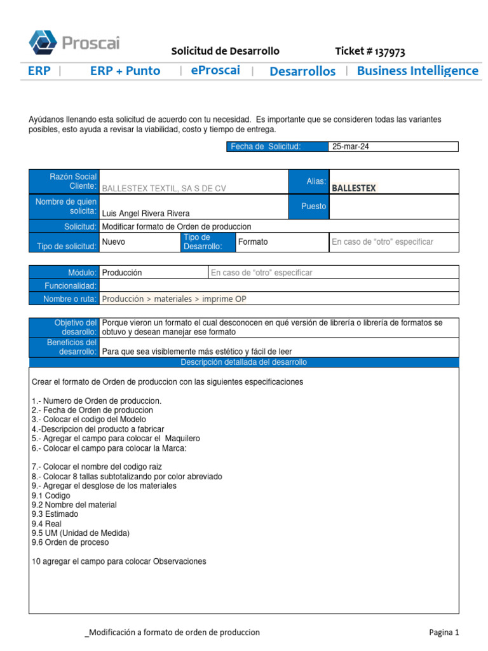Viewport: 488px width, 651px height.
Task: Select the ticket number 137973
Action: pyautogui.click(x=370, y=51)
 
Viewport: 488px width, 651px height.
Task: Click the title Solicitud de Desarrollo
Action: pyautogui.click(x=225, y=51)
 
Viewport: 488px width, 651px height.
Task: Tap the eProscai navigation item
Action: pyautogui.click(x=215, y=71)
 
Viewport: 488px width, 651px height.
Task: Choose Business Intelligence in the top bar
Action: pyautogui.click(x=417, y=71)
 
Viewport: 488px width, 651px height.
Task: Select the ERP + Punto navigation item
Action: pyautogui.click(x=125, y=71)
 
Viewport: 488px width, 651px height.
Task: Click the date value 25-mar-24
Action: pyautogui.click(x=351, y=147)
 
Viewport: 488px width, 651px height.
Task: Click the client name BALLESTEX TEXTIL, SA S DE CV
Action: pyautogui.click(x=164, y=188)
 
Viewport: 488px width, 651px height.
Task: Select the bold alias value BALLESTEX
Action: pyautogui.click(x=354, y=188)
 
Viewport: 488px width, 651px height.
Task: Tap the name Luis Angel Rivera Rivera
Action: pyautogui.click(x=146, y=214)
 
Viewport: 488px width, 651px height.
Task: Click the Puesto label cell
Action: pyautogui.click(x=313, y=207)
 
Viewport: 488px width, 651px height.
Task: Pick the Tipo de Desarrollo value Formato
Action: pyautogui.click(x=252, y=242)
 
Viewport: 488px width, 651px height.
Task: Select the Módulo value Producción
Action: pyautogui.click(x=122, y=273)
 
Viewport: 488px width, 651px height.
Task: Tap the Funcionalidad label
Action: pyautogui.click(x=71, y=285)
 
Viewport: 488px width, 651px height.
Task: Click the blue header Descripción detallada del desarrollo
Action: pyautogui.click(x=243, y=362)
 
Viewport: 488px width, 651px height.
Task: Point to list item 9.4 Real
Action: pyautogui.click(x=43, y=523)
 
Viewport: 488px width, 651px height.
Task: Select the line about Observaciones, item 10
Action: pyautogui.click(x=119, y=561)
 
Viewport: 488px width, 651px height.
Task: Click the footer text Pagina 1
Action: pyautogui.click(x=444, y=632)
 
